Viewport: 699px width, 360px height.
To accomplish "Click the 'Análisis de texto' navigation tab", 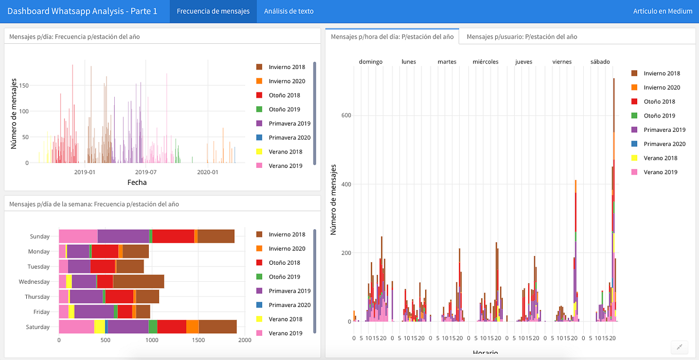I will pyautogui.click(x=288, y=11).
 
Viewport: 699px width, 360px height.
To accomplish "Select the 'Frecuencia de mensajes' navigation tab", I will pyautogui.click(x=213, y=11).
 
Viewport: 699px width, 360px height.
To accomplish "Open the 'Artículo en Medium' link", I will pyautogui.click(x=662, y=11).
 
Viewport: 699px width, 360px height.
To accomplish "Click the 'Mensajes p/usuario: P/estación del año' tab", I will pyautogui.click(x=522, y=37).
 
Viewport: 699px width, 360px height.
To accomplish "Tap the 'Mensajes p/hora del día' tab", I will pyautogui.click(x=392, y=37).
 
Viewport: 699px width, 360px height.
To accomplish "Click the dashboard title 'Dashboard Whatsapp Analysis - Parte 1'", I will pyautogui.click(x=82, y=11).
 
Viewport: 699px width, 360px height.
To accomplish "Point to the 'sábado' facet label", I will pyautogui.click(x=600, y=62).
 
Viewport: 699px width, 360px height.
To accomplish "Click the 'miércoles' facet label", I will pyautogui.click(x=485, y=62).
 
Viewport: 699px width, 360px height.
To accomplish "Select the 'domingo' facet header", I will pyautogui.click(x=371, y=62).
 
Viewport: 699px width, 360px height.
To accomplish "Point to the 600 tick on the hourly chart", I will pyautogui.click(x=346, y=115).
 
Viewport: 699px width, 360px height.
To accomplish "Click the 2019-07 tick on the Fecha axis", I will pyautogui.click(x=146, y=172).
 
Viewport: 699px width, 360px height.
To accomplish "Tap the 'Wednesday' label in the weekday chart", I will pyautogui.click(x=34, y=282).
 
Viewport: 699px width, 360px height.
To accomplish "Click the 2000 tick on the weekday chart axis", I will pyautogui.click(x=244, y=340).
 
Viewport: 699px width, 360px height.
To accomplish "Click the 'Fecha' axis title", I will pyautogui.click(x=136, y=182).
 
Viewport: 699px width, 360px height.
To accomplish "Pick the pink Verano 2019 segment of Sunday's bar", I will pyautogui.click(x=78, y=236).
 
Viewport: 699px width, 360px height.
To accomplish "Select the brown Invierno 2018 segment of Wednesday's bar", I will pyautogui.click(x=138, y=282).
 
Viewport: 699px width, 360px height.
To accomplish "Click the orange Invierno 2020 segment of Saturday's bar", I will pyautogui.click(x=192, y=327).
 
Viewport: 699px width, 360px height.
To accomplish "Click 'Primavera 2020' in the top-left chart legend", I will pyautogui.click(x=289, y=138).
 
